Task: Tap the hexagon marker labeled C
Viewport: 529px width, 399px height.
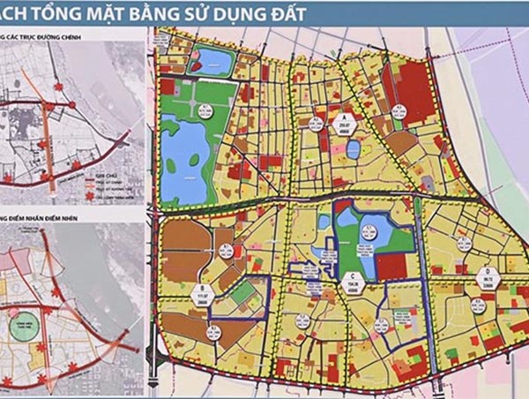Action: pyautogui.click(x=353, y=280)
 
